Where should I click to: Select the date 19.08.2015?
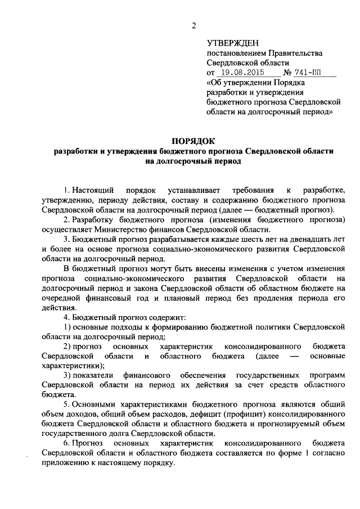(x=242, y=73)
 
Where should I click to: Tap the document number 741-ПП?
(x=314, y=73)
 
